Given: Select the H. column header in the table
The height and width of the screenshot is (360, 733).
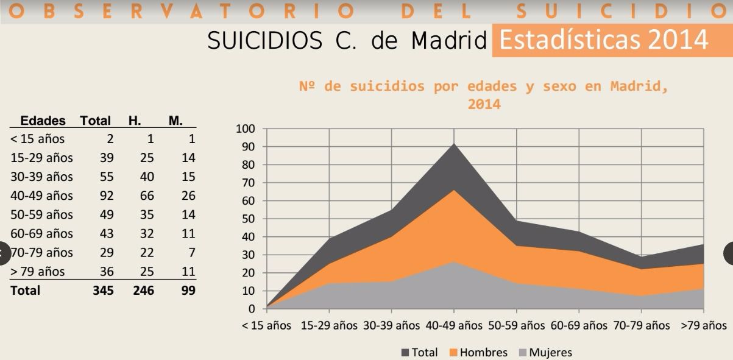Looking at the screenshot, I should (x=135, y=121).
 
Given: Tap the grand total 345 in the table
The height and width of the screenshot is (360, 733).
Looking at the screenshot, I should (x=103, y=291).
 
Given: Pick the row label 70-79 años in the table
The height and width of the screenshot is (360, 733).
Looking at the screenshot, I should (x=41, y=253).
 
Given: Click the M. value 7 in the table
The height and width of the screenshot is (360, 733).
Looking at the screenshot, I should (x=191, y=253).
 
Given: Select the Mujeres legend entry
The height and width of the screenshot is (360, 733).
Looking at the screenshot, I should (x=550, y=352).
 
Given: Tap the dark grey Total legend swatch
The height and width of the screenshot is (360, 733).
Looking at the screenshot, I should (x=405, y=353).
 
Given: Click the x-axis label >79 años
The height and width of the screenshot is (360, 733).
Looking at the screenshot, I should (x=704, y=325).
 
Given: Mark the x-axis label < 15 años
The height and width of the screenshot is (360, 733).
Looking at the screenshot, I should (x=266, y=325).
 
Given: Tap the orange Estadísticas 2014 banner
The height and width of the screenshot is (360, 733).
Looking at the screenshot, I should (x=603, y=40).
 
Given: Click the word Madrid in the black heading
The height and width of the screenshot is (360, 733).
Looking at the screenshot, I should (x=449, y=41).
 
